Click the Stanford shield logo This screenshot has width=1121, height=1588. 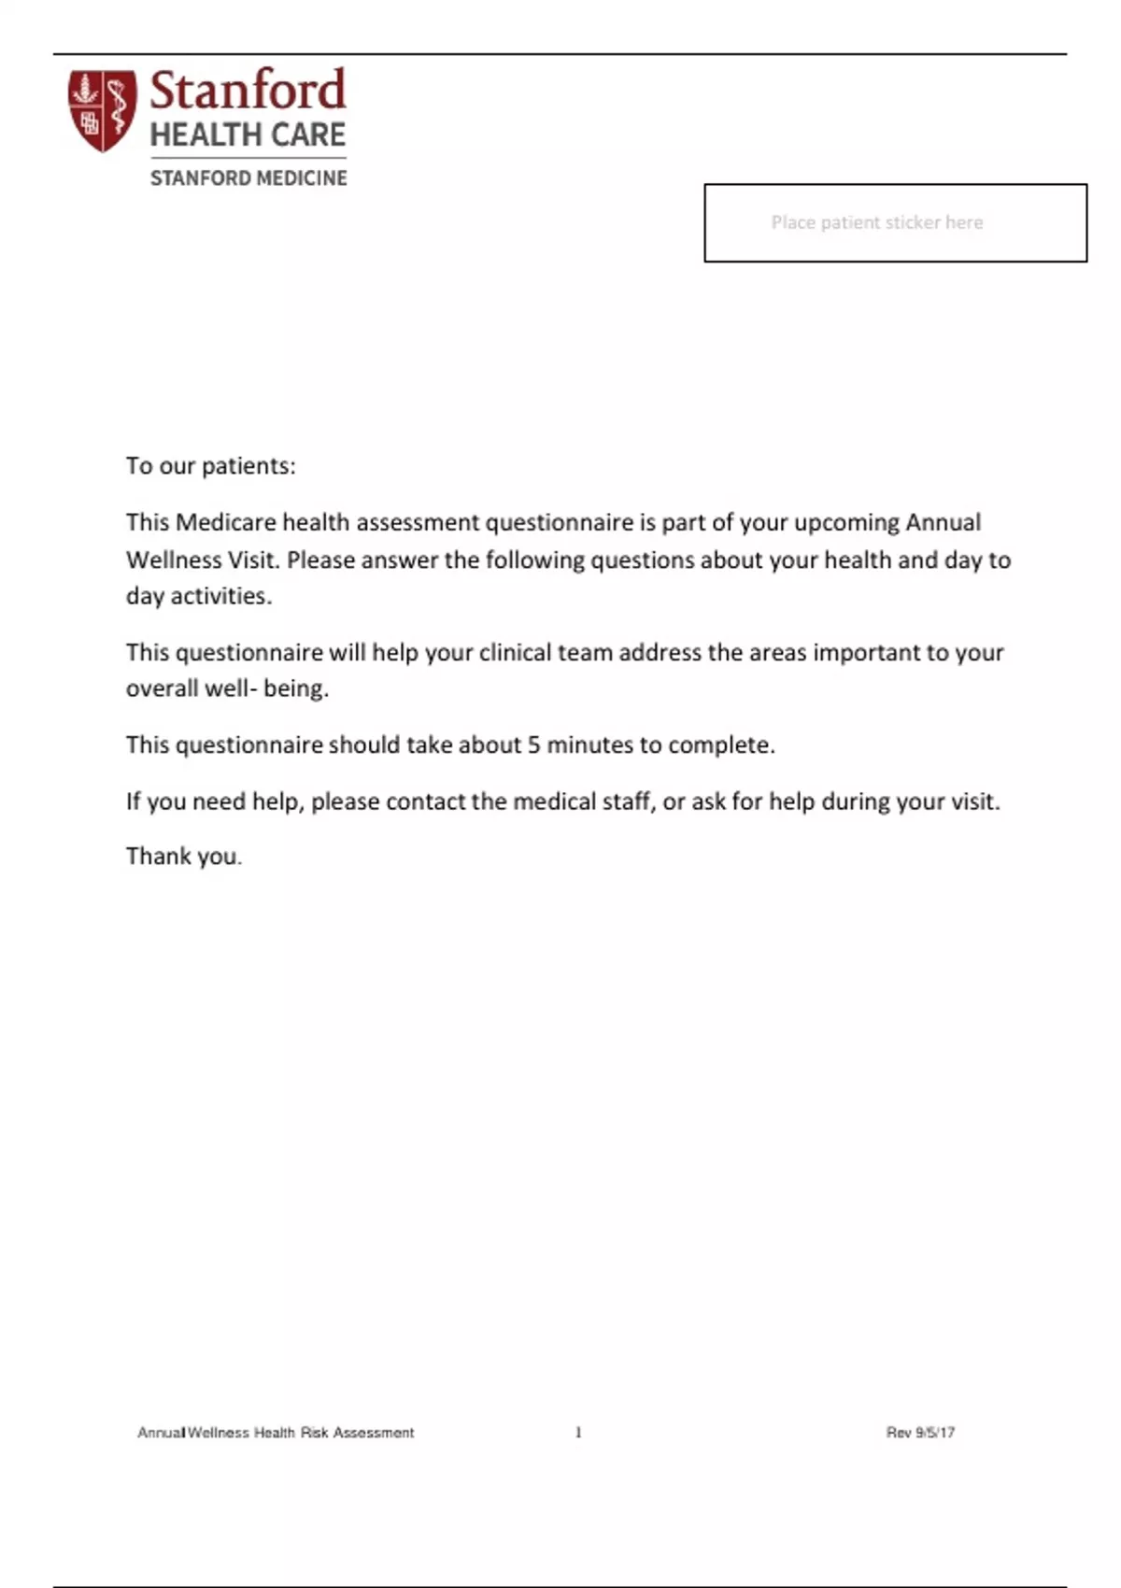pyautogui.click(x=102, y=111)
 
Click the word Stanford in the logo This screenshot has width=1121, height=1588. pyautogui.click(x=248, y=91)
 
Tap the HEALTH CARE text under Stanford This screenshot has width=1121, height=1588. pyautogui.click(x=248, y=135)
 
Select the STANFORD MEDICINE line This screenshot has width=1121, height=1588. pyautogui.click(x=248, y=177)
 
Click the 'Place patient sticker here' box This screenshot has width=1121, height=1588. pyautogui.click(x=895, y=222)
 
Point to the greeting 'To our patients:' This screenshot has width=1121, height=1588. pyautogui.click(x=210, y=466)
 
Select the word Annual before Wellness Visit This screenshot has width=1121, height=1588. pyautogui.click(x=943, y=522)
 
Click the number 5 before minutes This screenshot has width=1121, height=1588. pyautogui.click(x=534, y=744)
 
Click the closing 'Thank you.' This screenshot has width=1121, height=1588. pyautogui.click(x=184, y=857)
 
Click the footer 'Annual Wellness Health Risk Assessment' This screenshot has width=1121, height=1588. pyautogui.click(x=276, y=1432)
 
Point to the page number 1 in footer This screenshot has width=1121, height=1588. pyautogui.click(x=578, y=1432)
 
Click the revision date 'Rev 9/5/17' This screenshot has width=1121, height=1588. pyautogui.click(x=920, y=1432)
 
